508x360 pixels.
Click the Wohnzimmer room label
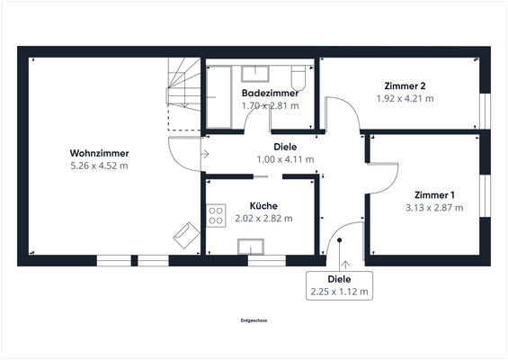coord(99,153)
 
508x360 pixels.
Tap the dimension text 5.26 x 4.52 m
coord(99,166)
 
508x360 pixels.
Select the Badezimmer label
coord(270,93)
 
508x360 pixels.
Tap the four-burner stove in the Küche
coord(216,215)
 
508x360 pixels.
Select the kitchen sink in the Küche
coord(249,247)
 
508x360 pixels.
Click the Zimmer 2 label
coord(404,85)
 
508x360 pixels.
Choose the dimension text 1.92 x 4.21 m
coord(404,98)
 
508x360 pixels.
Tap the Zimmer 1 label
coord(434,194)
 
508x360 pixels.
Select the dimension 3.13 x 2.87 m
coord(434,207)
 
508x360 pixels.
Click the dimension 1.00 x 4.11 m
coord(285,159)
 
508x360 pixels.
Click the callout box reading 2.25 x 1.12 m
coord(340,284)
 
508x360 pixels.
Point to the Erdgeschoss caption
coord(254,320)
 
